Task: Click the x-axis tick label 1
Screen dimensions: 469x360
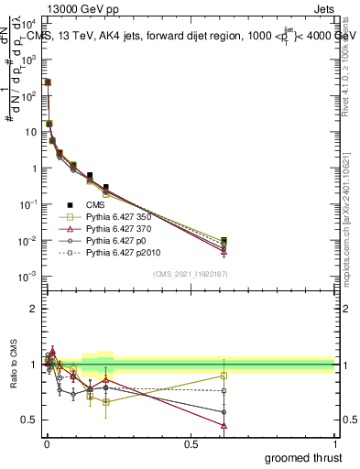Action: pos(334,443)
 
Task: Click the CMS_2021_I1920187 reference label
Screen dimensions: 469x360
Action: pos(189,273)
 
